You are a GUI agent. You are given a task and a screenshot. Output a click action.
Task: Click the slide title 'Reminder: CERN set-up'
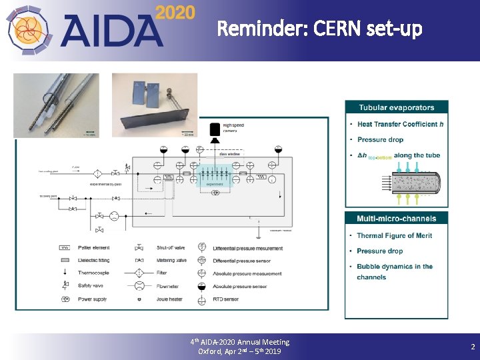319,29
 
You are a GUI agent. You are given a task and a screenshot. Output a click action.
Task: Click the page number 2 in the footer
473,347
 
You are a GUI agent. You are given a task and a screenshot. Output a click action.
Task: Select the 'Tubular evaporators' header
397,107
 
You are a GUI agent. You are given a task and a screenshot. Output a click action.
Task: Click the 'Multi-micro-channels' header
397,218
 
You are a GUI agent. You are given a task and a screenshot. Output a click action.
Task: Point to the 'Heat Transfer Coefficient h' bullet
400,124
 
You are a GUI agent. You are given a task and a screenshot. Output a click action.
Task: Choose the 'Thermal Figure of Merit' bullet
394,235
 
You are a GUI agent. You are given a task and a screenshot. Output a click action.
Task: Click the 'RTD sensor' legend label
231,299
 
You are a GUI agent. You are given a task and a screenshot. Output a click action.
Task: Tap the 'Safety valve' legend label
93,286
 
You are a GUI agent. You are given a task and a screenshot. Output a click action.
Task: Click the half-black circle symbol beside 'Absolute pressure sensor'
201,286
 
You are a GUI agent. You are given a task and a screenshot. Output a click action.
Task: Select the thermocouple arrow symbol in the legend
65,273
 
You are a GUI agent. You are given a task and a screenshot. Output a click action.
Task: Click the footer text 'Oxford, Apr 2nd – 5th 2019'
240,351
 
